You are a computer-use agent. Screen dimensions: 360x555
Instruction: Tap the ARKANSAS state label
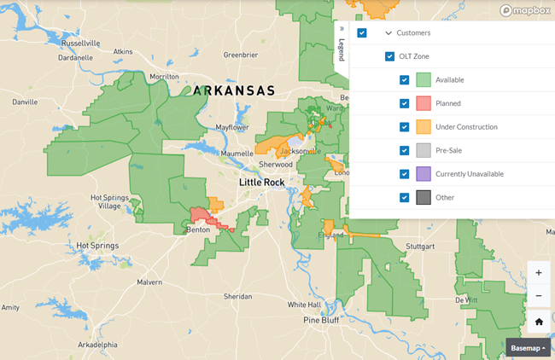point(234,90)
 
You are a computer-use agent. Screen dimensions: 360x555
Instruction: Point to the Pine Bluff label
point(321,320)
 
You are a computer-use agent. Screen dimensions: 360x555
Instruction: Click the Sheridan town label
point(237,296)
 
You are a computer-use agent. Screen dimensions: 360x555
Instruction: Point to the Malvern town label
point(149,281)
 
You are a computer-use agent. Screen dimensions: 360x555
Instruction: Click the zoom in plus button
point(538,273)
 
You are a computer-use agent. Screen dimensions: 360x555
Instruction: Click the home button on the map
point(538,322)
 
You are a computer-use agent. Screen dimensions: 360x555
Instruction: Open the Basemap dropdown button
point(528,348)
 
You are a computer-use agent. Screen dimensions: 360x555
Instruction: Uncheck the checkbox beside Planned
point(405,103)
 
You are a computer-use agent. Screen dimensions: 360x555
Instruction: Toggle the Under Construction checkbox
point(405,127)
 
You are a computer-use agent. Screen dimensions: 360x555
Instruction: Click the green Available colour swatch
point(423,80)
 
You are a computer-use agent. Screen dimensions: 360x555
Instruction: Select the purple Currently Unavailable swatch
point(423,174)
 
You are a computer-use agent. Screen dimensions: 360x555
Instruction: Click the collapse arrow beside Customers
point(388,33)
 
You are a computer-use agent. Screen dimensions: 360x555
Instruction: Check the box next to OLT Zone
point(389,56)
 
